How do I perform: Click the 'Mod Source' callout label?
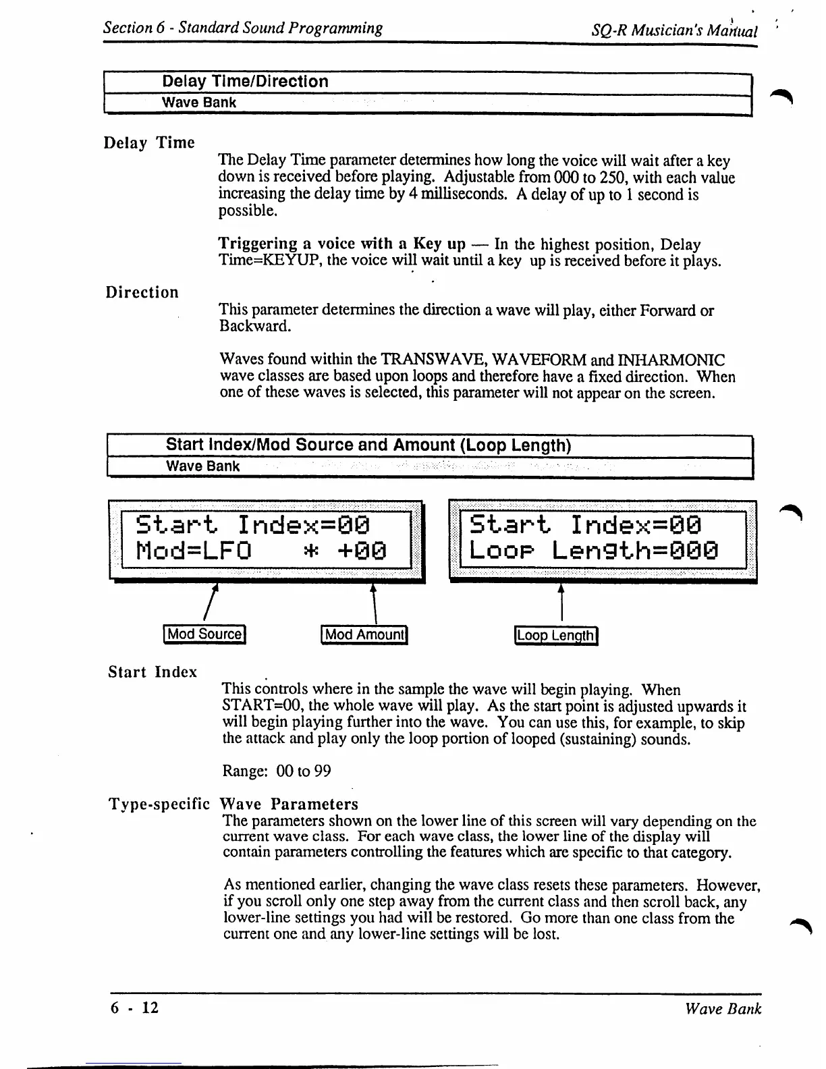pos(204,634)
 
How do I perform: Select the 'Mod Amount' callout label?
pos(364,634)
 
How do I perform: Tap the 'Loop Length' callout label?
pos(556,636)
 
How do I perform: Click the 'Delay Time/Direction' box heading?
pos(245,82)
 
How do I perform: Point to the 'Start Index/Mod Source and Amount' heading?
pos(368,445)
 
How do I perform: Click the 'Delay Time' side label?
pos(149,143)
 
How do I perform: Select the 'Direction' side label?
pos(142,292)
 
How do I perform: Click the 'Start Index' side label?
pos(153,672)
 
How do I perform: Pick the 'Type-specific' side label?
pos(159,804)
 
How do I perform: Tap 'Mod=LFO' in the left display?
pos(194,552)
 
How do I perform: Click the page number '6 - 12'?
pos(135,1008)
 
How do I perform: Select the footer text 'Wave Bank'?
pos(723,1009)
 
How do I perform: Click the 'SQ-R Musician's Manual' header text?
pos(674,31)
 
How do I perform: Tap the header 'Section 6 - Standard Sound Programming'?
pos(243,28)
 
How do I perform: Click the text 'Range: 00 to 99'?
pos(277,771)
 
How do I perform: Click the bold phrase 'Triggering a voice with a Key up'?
pos(342,244)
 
